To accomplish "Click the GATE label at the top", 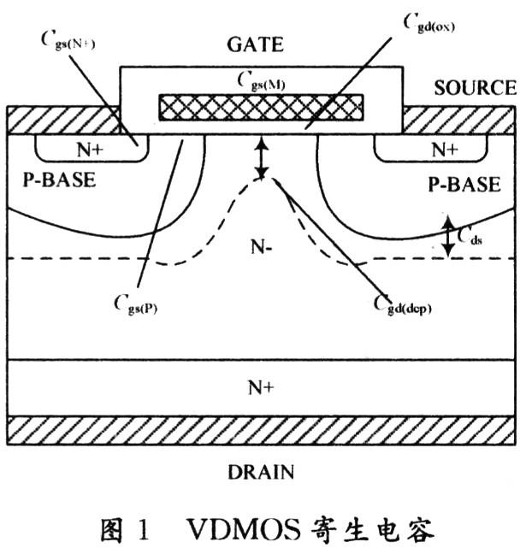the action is point(255,44).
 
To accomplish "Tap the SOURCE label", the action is point(475,88).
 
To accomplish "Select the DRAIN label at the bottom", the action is point(261,472).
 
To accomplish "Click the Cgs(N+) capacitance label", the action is point(68,41).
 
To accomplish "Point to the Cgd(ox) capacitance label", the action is point(429,24).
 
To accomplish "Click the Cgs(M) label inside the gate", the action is point(261,81).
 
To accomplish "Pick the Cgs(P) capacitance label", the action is point(136,305).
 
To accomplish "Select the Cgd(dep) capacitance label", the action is point(403,305).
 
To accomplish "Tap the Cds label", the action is point(470,236).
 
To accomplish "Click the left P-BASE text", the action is point(59,180).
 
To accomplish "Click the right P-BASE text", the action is point(464,184).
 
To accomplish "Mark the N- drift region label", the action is point(261,246).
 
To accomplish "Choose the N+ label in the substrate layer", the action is point(261,387).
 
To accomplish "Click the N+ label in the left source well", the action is point(90,150).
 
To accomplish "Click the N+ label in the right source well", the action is point(445,150).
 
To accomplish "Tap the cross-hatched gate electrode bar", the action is point(261,108).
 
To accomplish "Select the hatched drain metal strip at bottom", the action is point(261,430).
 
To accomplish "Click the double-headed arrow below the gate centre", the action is point(262,158).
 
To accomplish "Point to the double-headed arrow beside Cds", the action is point(448,236).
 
